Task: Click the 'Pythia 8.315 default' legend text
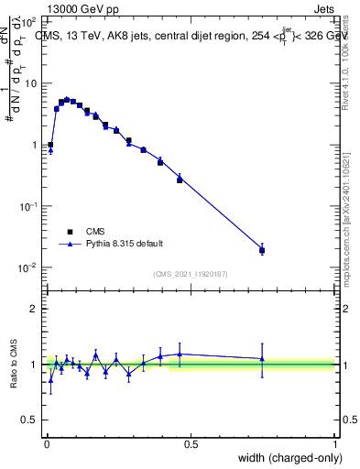124,244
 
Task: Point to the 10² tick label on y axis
28,21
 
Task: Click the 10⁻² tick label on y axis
28,267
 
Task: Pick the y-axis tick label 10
30,83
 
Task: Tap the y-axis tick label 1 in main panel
35,145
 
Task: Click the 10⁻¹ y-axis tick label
28,206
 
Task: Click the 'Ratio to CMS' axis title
14,364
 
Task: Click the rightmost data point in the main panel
262,250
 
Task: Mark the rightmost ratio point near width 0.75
262,358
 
